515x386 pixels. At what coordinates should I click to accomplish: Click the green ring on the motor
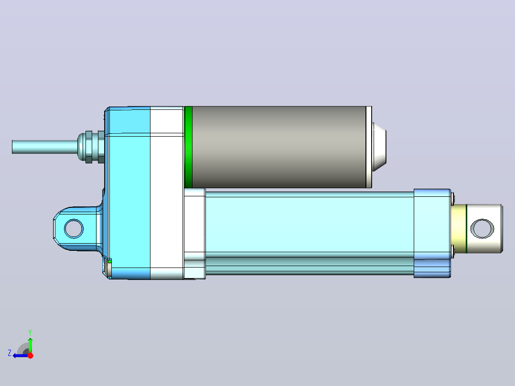tap(189, 147)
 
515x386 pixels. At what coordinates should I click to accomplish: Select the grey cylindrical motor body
tap(279, 147)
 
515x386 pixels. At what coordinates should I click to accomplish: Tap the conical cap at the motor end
tap(379, 147)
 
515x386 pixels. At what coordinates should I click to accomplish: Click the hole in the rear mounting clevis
tap(74, 229)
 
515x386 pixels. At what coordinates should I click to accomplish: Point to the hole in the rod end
tap(482, 229)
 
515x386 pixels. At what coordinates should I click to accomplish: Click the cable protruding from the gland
tap(45, 147)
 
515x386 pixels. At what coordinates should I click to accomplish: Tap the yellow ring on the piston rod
tap(459, 229)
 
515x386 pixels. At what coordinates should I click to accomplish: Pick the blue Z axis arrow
tap(21, 355)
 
